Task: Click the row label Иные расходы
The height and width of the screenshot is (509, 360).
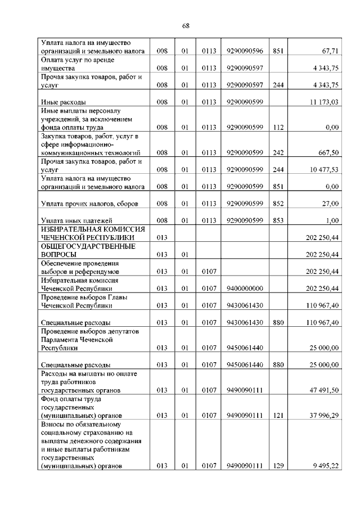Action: (63, 102)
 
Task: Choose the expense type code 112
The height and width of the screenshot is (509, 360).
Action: (277, 128)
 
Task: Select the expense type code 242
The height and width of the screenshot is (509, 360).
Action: (277, 153)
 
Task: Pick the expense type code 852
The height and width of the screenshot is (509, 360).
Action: (277, 204)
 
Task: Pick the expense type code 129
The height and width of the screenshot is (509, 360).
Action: (277, 466)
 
